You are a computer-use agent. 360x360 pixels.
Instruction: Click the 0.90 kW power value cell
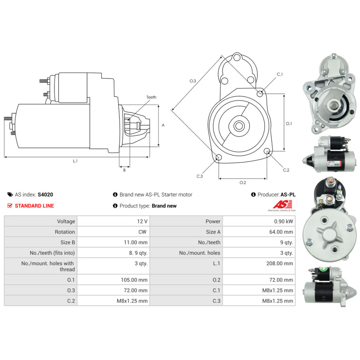284,221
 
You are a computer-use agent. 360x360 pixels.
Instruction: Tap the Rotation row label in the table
65,232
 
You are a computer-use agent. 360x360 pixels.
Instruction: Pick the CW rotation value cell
143,232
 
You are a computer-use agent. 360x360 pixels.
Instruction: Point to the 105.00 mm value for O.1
135,280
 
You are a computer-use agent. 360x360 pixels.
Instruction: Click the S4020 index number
45,194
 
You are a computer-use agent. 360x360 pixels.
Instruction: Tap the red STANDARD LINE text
34,206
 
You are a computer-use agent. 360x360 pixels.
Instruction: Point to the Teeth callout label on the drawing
152,97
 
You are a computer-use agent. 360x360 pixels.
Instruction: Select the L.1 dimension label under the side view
75,161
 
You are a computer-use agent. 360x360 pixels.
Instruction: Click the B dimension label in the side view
125,170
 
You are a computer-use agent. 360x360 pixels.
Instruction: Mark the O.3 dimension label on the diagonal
193,81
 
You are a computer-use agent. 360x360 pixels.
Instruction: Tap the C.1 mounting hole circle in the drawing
260,94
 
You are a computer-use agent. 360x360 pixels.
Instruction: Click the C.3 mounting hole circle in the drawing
218,157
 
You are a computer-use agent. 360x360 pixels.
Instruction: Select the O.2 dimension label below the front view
243,183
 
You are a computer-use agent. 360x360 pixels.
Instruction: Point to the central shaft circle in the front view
238,126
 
